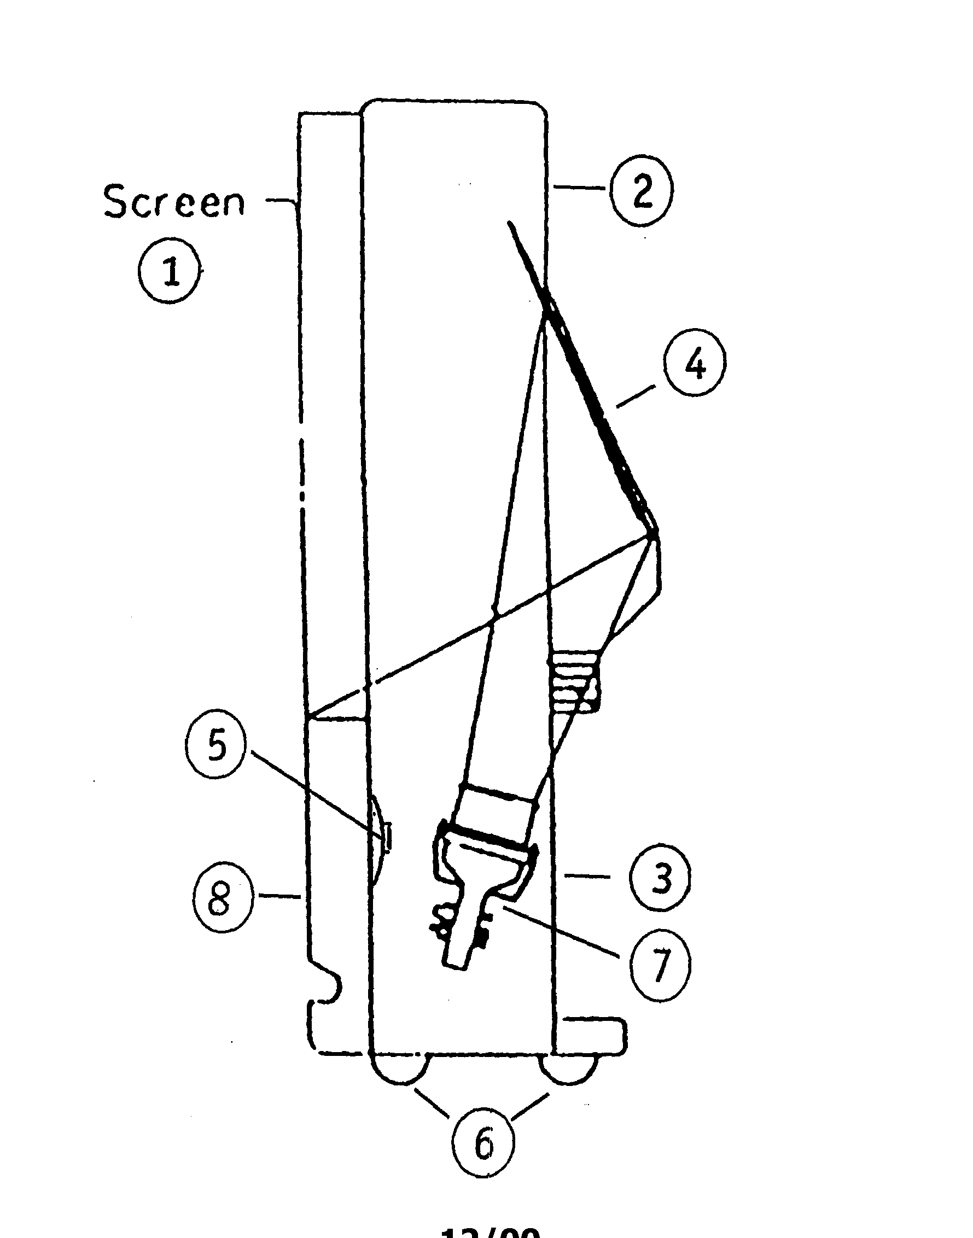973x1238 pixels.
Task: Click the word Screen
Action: pyautogui.click(x=174, y=202)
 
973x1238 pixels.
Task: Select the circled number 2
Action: pyautogui.click(x=642, y=190)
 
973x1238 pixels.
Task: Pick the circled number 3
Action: pyautogui.click(x=660, y=878)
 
